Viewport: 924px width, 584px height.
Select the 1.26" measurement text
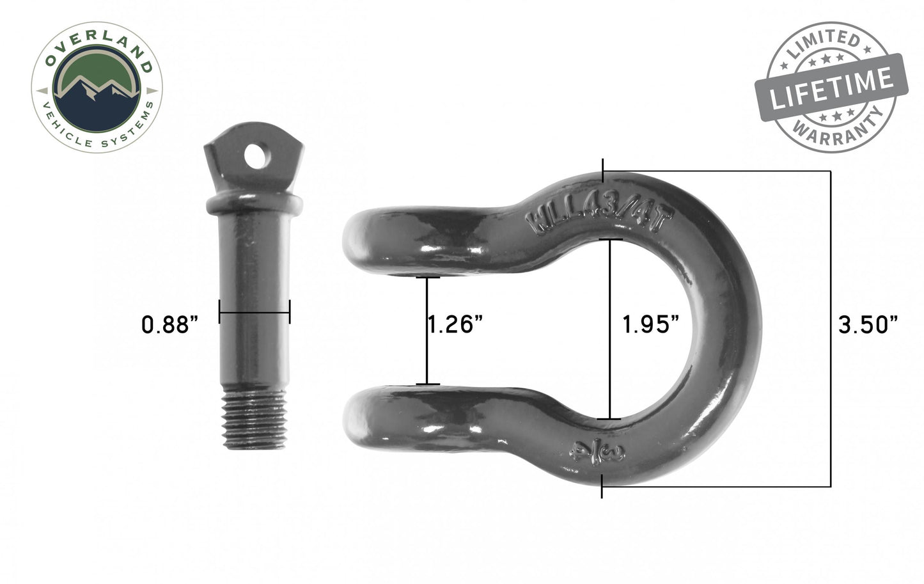455,324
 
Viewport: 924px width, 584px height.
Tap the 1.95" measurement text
650,324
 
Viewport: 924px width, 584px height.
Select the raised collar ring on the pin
254,205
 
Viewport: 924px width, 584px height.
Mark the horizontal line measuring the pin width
254,313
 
